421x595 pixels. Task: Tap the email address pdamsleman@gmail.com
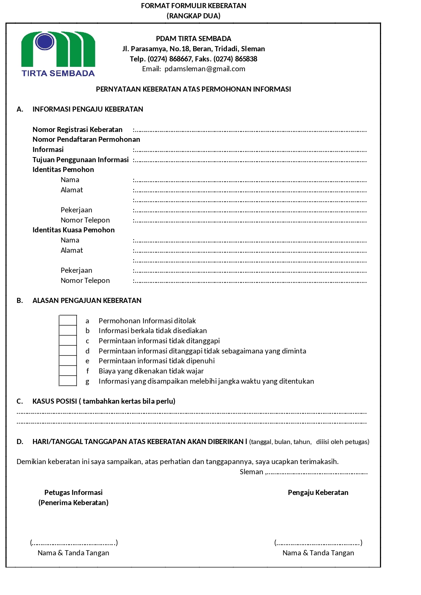[x=205, y=69]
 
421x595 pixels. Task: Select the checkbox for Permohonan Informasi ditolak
[x=68, y=320]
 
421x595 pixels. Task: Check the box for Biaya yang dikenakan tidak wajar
[x=68, y=370]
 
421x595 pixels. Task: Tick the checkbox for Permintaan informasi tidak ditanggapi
[x=68, y=340]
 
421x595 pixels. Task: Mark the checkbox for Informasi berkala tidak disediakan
[x=68, y=330]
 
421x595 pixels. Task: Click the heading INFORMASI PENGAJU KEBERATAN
[x=88, y=109]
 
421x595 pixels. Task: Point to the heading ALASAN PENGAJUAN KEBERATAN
[x=87, y=301]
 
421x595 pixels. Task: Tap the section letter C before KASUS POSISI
[x=20, y=401]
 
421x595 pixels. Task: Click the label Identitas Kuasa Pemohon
[x=74, y=230]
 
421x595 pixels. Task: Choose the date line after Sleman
[x=317, y=473]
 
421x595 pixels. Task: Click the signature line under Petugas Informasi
[x=74, y=543]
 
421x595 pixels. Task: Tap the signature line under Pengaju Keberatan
[x=318, y=543]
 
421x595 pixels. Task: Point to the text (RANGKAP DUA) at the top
[x=193, y=16]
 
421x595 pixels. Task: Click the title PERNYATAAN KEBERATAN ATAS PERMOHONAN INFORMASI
[x=193, y=89]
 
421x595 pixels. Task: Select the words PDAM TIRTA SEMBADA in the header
[x=193, y=39]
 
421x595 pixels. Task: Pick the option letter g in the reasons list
[x=88, y=381]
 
